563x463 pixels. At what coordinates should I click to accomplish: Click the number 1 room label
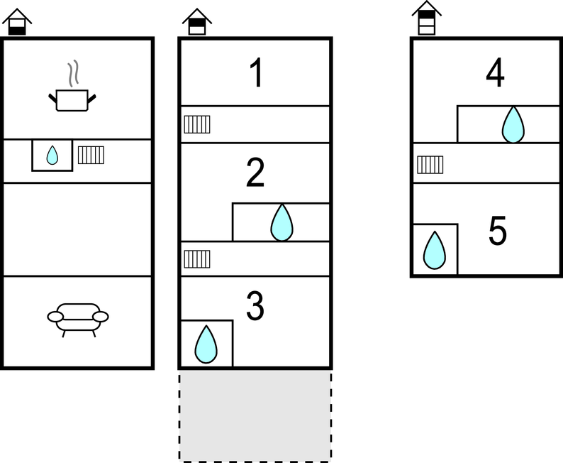256,75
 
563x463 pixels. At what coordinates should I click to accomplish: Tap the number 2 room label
255,174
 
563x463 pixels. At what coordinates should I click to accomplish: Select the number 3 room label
255,305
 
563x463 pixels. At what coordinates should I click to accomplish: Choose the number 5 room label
498,231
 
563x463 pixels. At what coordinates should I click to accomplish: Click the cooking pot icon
72,99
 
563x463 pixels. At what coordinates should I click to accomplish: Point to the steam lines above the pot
73,74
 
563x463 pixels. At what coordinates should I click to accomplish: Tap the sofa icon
78,319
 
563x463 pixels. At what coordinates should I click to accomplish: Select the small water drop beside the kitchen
52,156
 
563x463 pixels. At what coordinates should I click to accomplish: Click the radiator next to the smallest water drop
91,155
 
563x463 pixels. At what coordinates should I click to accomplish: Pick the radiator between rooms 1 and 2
197,124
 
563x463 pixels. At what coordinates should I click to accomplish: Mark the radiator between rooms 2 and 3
197,258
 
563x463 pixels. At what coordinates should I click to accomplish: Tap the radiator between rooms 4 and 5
430,165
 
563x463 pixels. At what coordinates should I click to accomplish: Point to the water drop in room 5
435,251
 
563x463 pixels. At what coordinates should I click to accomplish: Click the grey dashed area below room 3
255,415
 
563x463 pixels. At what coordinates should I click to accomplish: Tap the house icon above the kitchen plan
17,22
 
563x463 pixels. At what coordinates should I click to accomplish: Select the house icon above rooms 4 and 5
426,18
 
